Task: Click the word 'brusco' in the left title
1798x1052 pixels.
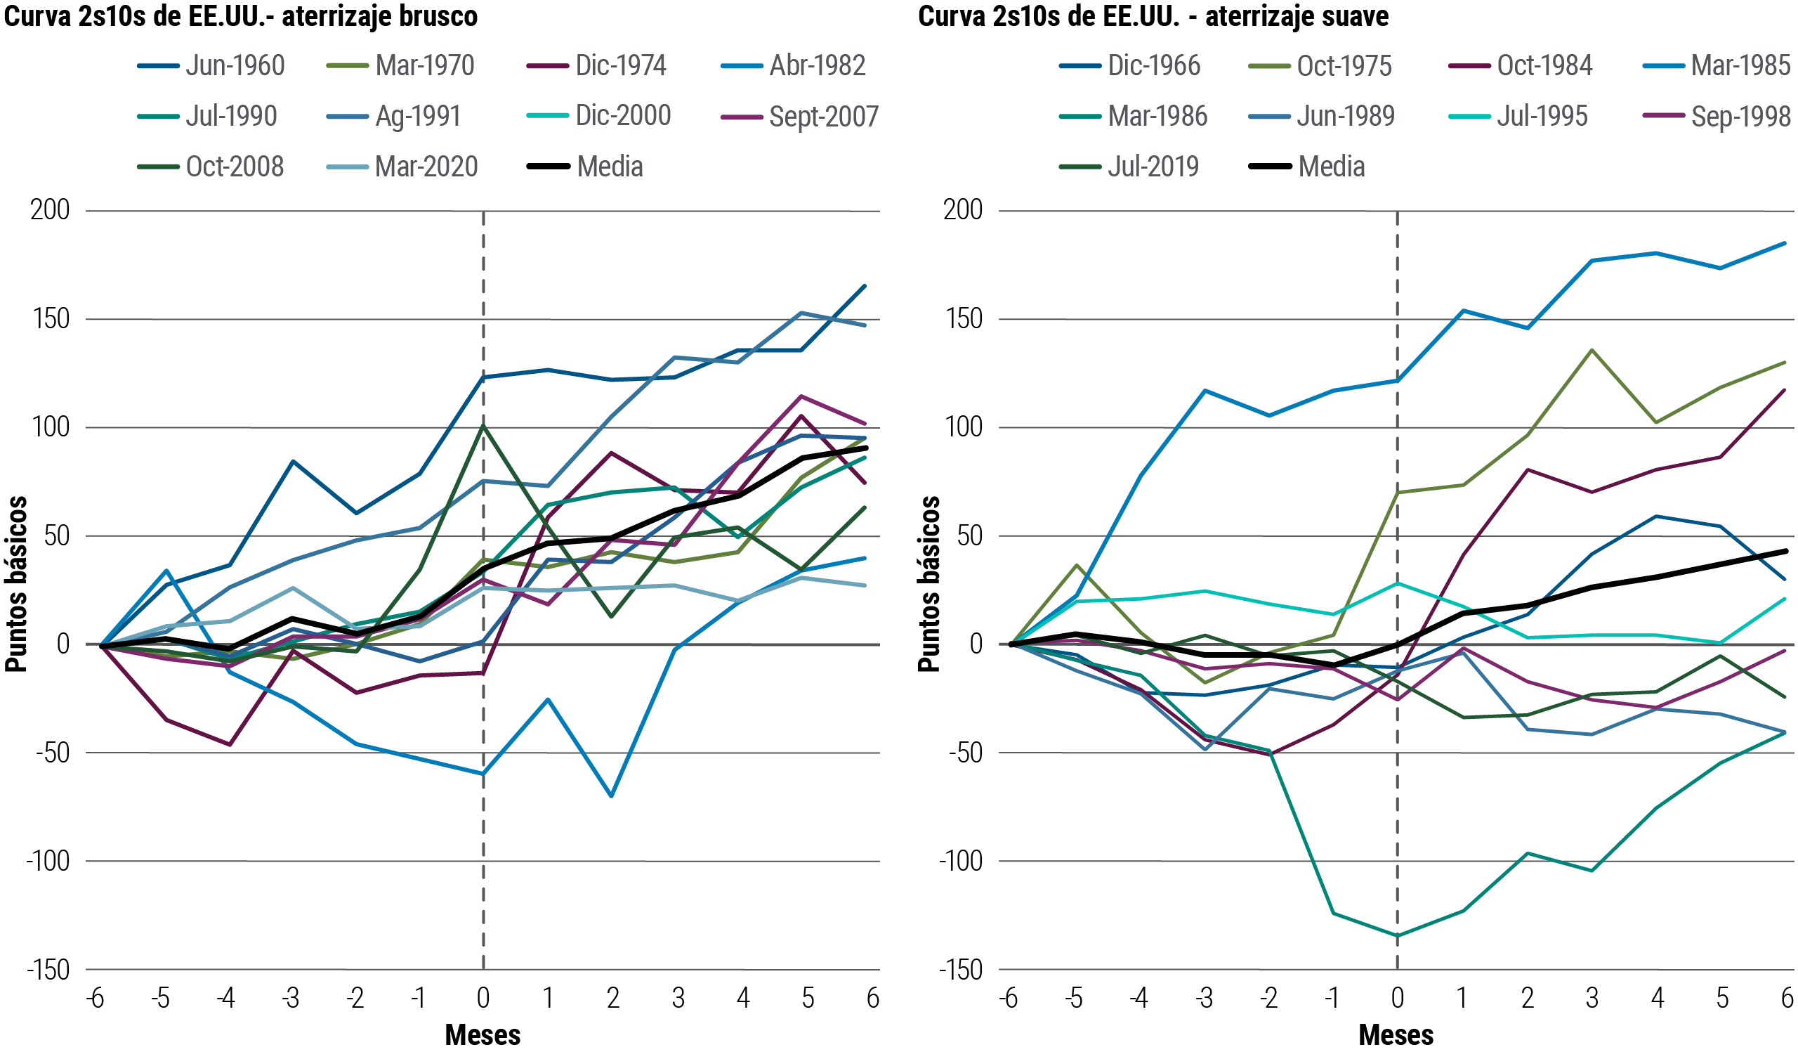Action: click(438, 15)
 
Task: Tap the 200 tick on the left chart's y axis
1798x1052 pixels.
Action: click(50, 210)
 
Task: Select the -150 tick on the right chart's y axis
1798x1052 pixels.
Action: click(960, 970)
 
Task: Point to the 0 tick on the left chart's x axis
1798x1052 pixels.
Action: click(483, 998)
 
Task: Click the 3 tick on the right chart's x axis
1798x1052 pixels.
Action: click(1592, 998)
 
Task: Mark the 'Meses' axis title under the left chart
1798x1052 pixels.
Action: click(483, 1035)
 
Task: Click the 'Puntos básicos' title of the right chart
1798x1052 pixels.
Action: click(928, 584)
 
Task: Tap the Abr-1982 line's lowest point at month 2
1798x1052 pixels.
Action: click(612, 796)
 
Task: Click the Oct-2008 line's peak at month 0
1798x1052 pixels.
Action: click(484, 425)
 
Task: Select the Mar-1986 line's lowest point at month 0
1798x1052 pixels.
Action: click(1397, 935)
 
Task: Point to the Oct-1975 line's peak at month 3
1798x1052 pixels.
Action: click(1592, 350)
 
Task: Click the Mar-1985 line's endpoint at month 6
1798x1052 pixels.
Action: click(1785, 243)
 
